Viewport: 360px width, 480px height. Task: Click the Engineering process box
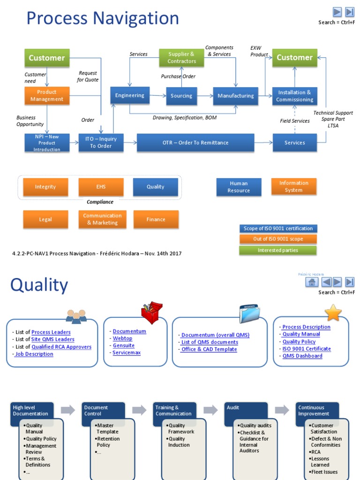click(130, 96)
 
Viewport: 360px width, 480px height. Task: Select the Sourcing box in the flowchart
click(181, 96)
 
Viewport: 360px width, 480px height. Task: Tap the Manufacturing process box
click(235, 96)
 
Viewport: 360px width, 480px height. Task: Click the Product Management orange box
click(47, 96)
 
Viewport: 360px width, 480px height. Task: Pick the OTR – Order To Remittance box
click(195, 142)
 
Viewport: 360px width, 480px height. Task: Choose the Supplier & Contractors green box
click(182, 58)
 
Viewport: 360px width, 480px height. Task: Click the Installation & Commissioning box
click(294, 96)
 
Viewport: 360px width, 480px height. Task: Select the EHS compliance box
click(101, 187)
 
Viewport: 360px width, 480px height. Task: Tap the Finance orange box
click(156, 219)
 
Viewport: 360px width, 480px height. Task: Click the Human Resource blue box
click(239, 187)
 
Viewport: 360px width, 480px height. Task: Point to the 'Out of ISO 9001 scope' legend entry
click(277, 239)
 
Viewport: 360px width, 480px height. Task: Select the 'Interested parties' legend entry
click(277, 250)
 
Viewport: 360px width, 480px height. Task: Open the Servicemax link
click(127, 352)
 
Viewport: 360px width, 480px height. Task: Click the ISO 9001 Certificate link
click(307, 349)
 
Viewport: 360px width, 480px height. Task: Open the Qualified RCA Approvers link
click(61, 347)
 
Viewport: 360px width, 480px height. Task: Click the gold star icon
click(333, 312)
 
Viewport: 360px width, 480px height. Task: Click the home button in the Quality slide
click(312, 282)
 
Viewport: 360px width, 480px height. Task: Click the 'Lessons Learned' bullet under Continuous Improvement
click(320, 462)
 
